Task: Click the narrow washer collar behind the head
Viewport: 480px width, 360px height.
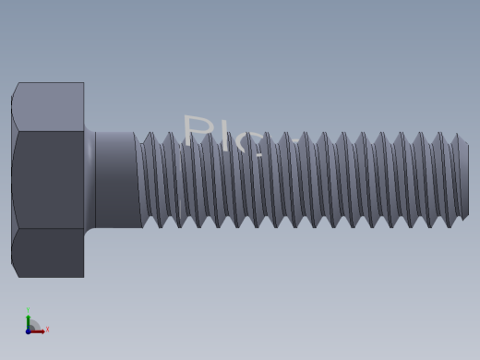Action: point(90,179)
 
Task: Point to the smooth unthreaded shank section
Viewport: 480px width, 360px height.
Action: point(116,179)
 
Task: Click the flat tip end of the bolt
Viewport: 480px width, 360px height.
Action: point(463,181)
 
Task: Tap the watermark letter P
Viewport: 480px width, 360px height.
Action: point(197,132)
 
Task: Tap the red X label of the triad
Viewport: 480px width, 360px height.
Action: point(47,329)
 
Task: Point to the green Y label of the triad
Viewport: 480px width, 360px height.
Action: point(29,310)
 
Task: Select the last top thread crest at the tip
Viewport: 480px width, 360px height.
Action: point(458,138)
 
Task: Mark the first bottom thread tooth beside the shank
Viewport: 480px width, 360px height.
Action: point(162,223)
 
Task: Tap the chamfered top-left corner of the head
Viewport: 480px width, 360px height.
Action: point(15,90)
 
